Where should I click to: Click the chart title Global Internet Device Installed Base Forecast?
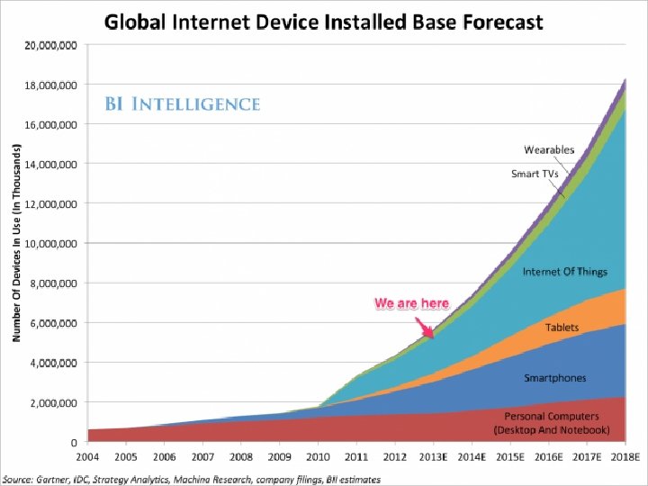(324, 22)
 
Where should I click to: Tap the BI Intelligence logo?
(183, 104)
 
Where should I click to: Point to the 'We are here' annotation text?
(411, 303)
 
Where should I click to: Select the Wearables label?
(550, 149)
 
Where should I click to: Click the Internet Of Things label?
(565, 272)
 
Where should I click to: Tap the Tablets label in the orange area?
(562, 328)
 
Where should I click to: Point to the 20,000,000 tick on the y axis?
(49, 45)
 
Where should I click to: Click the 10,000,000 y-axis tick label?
(49, 244)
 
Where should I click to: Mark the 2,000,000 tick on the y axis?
(52, 403)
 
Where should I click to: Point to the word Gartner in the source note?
(53, 480)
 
